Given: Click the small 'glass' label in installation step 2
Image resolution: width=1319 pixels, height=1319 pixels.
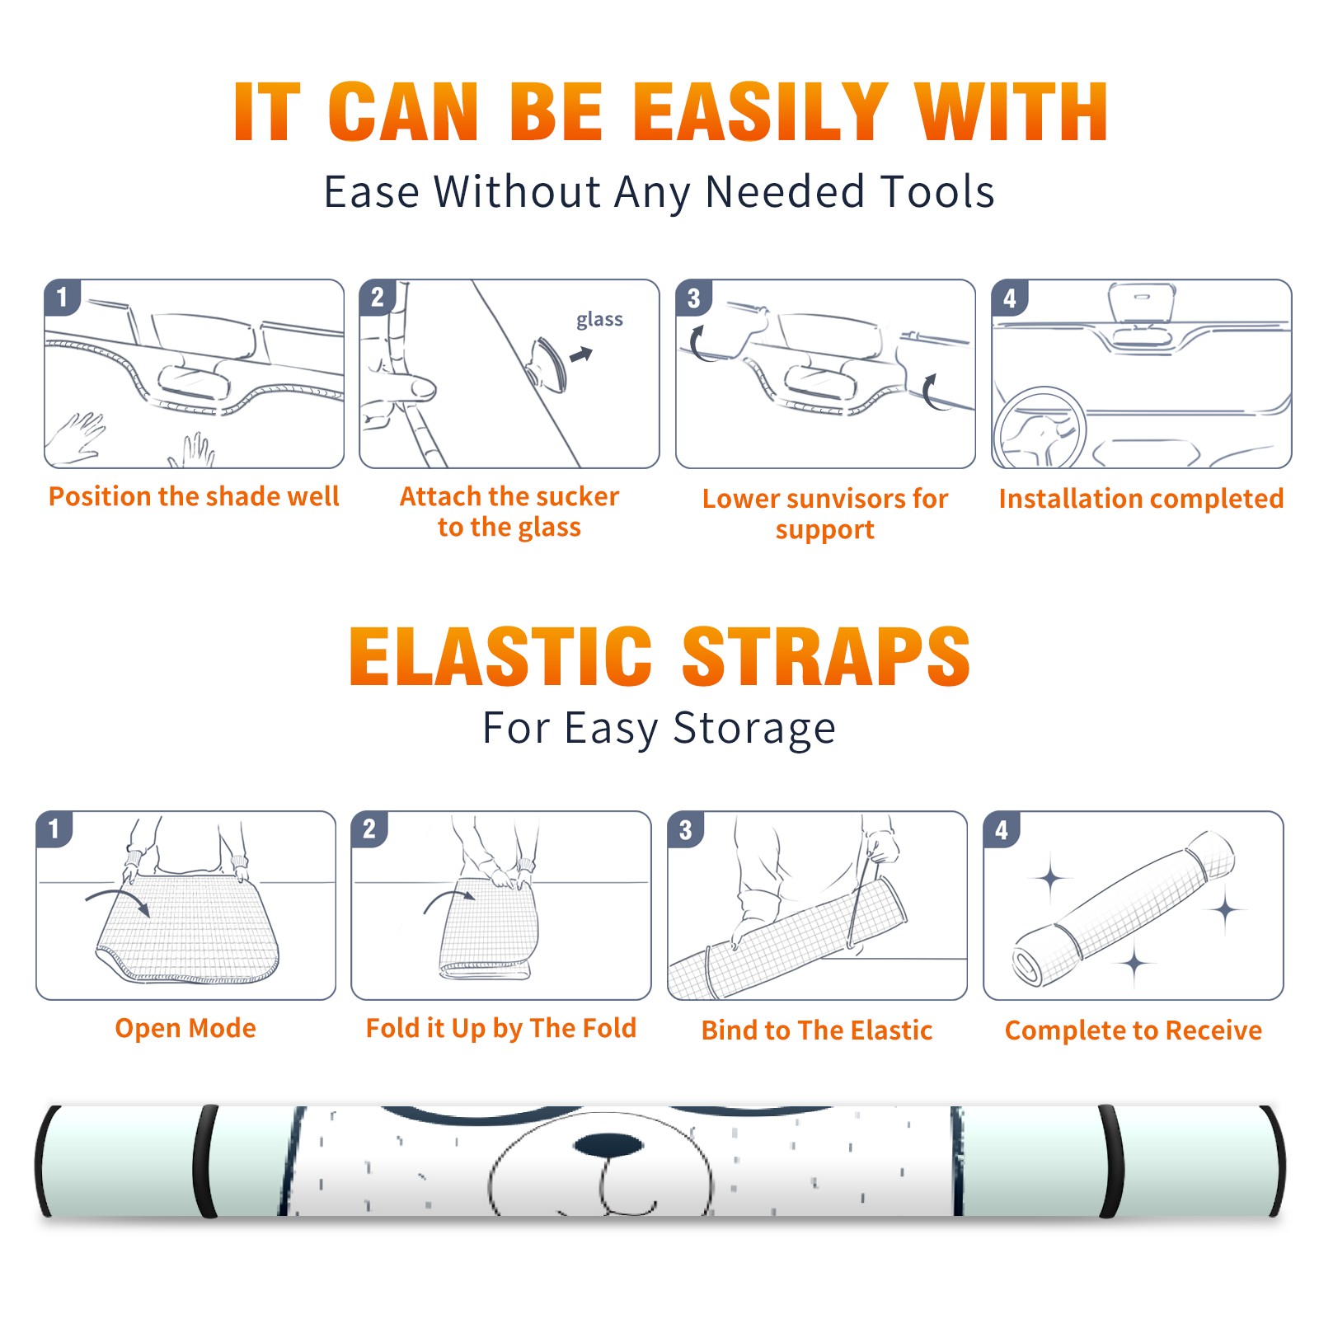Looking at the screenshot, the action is tap(599, 320).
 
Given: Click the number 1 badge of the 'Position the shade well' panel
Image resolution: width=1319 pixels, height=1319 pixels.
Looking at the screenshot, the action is tap(63, 297).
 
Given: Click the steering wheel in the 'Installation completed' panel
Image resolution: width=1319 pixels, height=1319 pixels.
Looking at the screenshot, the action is tap(1040, 427).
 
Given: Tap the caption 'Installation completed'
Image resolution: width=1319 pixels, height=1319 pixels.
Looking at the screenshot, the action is tap(1141, 498).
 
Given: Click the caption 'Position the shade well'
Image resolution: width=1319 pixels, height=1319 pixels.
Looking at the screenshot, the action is tap(194, 496).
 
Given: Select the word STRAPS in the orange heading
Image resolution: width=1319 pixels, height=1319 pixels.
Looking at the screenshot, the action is tap(826, 656).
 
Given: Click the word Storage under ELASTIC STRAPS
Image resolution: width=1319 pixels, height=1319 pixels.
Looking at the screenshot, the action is tap(754, 729).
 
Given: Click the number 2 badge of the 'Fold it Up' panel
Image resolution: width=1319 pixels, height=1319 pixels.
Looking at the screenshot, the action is tap(369, 828).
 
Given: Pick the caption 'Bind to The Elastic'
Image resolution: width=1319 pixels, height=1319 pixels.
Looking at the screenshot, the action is tap(816, 1030).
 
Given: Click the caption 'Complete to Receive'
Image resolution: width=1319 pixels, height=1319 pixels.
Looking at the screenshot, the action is tap(1134, 1030).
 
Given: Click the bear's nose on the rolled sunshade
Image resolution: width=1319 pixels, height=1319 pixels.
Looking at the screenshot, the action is tap(608, 1145).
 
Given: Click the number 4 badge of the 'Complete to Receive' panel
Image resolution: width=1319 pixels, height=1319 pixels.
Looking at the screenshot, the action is tap(1002, 829).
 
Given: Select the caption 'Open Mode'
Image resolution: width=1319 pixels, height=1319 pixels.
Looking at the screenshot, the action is tap(185, 1028).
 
